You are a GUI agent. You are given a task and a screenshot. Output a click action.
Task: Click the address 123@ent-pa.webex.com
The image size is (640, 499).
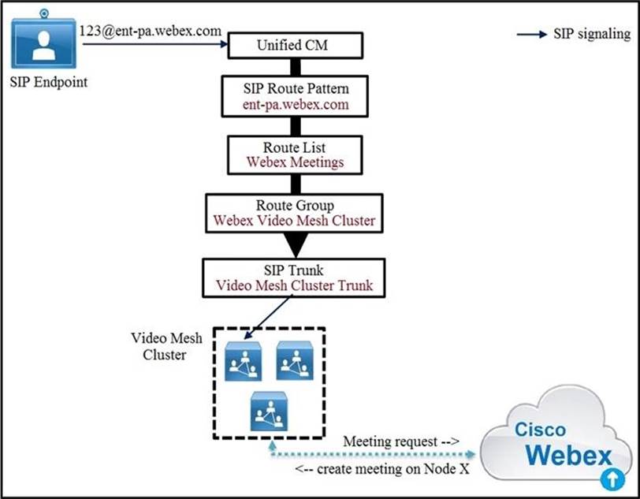(x=149, y=32)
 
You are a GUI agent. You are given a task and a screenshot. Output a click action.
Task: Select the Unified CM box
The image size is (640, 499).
(x=295, y=45)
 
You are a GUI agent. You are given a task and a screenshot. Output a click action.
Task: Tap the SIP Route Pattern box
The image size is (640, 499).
(x=295, y=97)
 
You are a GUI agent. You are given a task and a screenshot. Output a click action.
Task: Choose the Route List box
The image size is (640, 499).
(x=295, y=155)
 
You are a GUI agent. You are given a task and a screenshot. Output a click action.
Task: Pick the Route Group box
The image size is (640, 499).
(x=295, y=212)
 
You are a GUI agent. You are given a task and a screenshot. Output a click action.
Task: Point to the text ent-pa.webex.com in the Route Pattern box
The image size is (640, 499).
(x=295, y=105)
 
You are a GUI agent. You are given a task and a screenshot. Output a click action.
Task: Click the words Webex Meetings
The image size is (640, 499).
(x=295, y=162)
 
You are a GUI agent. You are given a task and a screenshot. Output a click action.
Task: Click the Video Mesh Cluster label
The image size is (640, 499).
(x=166, y=346)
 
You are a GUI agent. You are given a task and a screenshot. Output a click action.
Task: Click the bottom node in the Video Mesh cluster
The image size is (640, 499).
(x=268, y=411)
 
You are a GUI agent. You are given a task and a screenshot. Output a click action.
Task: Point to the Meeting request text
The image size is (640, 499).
(x=401, y=442)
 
